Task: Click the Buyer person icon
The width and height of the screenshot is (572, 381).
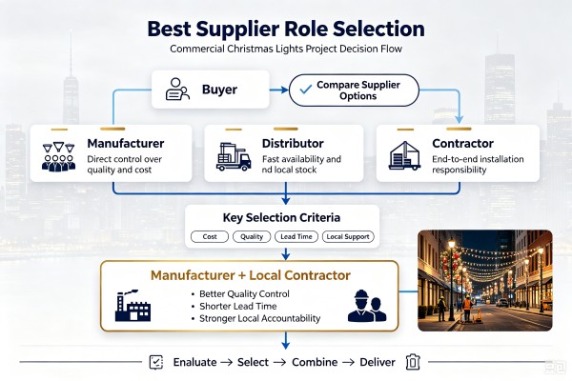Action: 177,89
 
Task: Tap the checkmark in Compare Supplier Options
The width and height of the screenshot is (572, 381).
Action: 305,89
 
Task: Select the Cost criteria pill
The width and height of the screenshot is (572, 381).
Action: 210,236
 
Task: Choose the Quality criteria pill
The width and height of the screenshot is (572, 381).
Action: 252,236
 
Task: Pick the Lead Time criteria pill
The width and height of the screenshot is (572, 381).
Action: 296,236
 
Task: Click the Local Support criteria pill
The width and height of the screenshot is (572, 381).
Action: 348,236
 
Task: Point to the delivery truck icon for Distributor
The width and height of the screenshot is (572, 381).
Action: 234,156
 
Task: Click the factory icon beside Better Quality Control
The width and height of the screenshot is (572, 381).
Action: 133,306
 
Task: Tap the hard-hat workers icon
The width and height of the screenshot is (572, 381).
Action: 367,306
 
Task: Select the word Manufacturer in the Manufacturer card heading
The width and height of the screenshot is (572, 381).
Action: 126,143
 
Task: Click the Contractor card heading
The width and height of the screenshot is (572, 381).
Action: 462,143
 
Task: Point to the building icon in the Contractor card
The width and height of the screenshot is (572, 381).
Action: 404,155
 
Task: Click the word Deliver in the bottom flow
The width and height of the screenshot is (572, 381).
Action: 378,362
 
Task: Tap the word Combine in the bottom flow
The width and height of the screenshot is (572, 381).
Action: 315,362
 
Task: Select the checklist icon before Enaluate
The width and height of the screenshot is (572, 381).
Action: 156,362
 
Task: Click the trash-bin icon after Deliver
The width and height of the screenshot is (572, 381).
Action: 413,362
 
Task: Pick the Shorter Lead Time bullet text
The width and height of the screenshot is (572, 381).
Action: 237,306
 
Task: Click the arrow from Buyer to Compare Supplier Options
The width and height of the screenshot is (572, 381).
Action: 279,90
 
